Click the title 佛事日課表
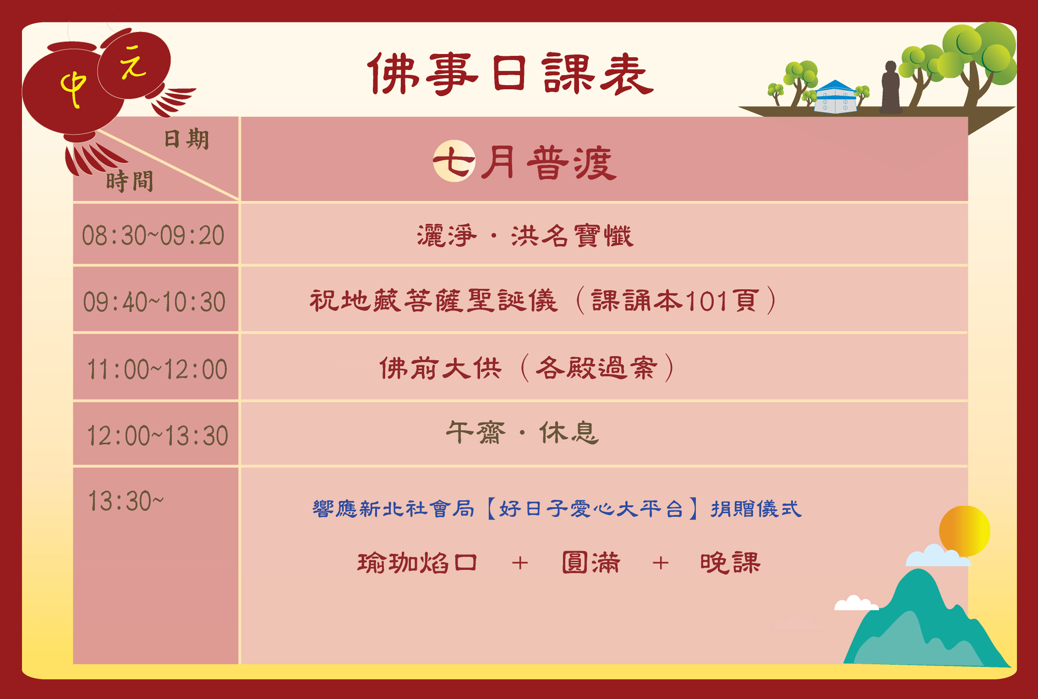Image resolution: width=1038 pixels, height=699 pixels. pyautogui.click(x=511, y=74)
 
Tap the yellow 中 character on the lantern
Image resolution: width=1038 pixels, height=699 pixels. pyautogui.click(x=73, y=89)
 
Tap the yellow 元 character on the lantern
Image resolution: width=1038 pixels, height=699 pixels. pyautogui.click(x=132, y=62)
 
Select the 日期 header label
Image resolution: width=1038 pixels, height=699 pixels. pyautogui.click(x=186, y=139)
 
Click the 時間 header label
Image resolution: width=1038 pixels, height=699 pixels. pyautogui.click(x=130, y=181)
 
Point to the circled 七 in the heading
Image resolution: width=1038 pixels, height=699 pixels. pyautogui.click(x=454, y=161)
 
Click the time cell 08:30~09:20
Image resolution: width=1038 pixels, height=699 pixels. pyautogui.click(x=153, y=236)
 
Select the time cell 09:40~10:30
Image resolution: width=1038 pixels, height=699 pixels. pyautogui.click(x=154, y=302)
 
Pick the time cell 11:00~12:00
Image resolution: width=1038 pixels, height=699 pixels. pyautogui.click(x=157, y=369)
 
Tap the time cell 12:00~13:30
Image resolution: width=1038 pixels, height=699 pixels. pyautogui.click(x=157, y=435)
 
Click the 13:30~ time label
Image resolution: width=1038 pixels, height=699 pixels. pyautogui.click(x=125, y=501)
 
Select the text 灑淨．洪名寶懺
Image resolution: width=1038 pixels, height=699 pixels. pyautogui.click(x=525, y=236)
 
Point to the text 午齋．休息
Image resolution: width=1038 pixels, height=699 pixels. pyautogui.click(x=522, y=433)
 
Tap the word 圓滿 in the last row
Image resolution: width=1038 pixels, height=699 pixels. pyautogui.click(x=591, y=563)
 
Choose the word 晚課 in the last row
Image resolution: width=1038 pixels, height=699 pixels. pyautogui.click(x=730, y=563)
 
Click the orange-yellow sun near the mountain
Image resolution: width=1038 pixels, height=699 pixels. pyautogui.click(x=964, y=531)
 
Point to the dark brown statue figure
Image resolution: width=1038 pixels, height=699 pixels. pyautogui.click(x=890, y=87)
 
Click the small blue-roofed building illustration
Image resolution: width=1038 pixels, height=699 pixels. pyautogui.click(x=835, y=97)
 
